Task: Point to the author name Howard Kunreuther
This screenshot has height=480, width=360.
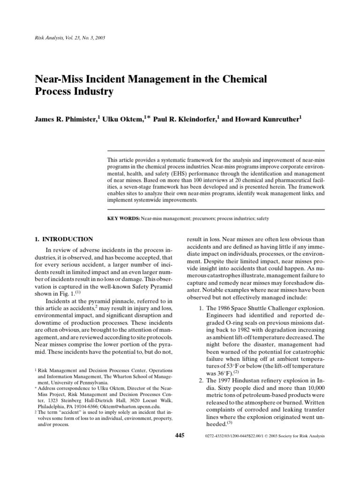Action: pyautogui.click(x=267, y=120)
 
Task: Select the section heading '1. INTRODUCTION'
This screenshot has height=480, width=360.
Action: pyautogui.click(x=64, y=239)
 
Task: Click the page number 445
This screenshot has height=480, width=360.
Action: pyautogui.click(x=180, y=435)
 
